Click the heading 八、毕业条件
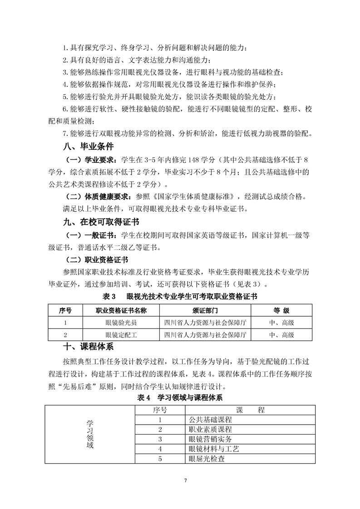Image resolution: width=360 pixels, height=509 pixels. [x=88, y=147]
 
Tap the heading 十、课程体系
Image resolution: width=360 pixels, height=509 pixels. [x=88, y=347]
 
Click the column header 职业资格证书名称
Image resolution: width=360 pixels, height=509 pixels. [x=121, y=311]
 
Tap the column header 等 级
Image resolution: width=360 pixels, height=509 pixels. [x=281, y=311]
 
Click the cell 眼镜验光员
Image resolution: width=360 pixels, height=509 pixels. [x=121, y=323]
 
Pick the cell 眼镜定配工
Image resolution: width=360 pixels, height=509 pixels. [x=121, y=335]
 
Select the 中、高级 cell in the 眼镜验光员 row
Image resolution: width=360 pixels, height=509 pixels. [x=281, y=323]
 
